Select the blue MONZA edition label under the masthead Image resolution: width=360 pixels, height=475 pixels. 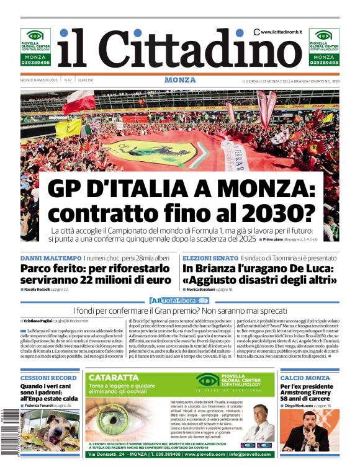tap(180, 81)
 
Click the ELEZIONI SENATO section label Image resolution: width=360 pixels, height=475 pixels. tap(210, 257)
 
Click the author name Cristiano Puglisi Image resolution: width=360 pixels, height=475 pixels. tap(39, 321)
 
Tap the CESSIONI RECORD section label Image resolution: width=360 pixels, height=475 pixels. tap(48, 378)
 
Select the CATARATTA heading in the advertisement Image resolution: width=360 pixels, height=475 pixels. tap(114, 377)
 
